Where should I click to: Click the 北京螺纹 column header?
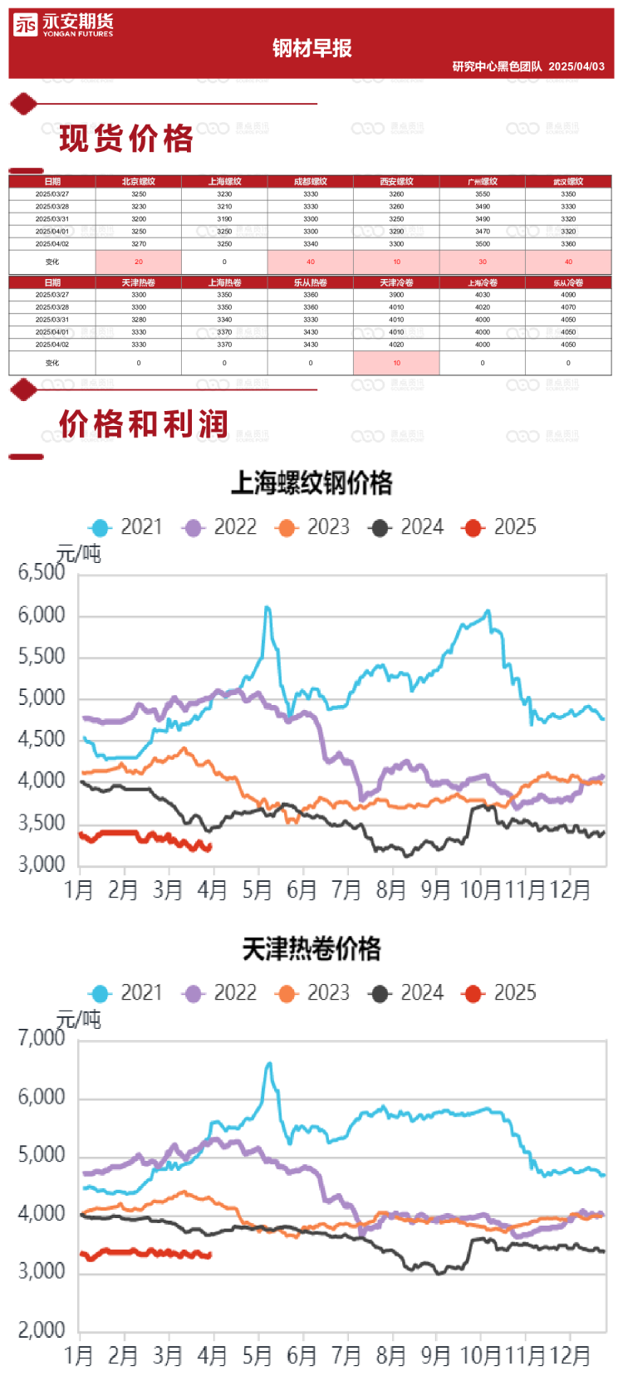pyautogui.click(x=138, y=181)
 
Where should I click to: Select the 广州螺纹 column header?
pyautogui.click(x=483, y=181)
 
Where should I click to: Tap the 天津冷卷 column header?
pyautogui.click(x=396, y=282)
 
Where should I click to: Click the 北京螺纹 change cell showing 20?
pyautogui.click(x=138, y=262)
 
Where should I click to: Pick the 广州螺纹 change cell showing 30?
pyautogui.click(x=483, y=262)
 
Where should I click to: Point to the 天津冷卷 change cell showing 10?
pyautogui.click(x=396, y=363)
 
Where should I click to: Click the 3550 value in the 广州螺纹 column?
pyautogui.click(x=483, y=194)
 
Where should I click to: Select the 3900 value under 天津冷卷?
pyautogui.click(x=396, y=295)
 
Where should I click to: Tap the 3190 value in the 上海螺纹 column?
pyautogui.click(x=224, y=219)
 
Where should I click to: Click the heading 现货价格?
pyautogui.click(x=126, y=139)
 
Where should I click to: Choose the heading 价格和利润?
pyautogui.click(x=143, y=424)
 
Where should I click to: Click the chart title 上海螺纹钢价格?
pyautogui.click(x=311, y=482)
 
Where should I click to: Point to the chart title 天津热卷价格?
pyautogui.click(x=311, y=948)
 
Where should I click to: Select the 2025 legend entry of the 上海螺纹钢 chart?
pyautogui.click(x=501, y=527)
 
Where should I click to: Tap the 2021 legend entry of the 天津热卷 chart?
pyautogui.click(x=127, y=993)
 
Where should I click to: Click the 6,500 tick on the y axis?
pyautogui.click(x=42, y=572)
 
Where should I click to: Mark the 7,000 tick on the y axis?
pyautogui.click(x=42, y=1038)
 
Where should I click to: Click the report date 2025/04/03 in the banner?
pyautogui.click(x=576, y=66)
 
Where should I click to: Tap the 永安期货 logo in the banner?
pyautogui.click(x=63, y=25)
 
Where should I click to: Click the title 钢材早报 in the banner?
pyautogui.click(x=311, y=48)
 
